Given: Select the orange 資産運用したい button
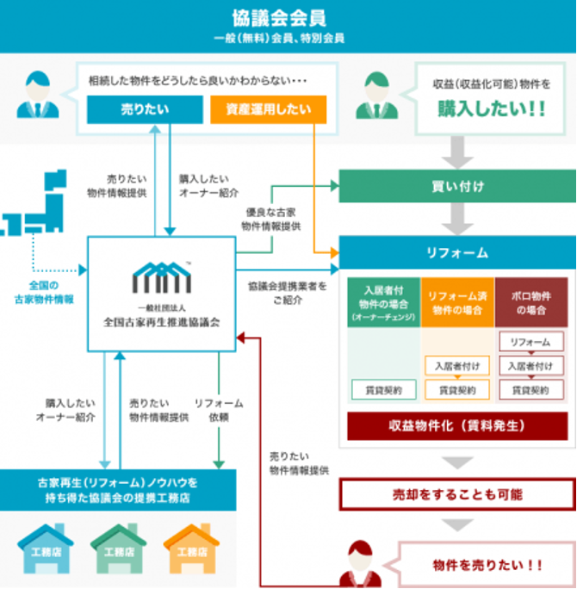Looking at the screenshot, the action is tap(268, 110).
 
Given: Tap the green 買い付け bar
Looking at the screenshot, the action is tap(456, 185).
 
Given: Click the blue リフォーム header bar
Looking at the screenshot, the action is tap(456, 252).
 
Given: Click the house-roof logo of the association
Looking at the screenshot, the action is tap(160, 278).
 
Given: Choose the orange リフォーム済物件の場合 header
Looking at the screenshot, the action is tap(456, 301).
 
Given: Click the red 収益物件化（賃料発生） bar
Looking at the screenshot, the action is tap(456, 425).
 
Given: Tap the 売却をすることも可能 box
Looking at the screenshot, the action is tap(456, 494).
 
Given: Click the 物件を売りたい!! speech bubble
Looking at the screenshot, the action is tap(487, 565).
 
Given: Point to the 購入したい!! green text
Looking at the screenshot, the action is tap(493, 111).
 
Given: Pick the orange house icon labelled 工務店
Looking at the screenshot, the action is tap(191, 549).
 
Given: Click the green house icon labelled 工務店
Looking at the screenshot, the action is tap(119, 549).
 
